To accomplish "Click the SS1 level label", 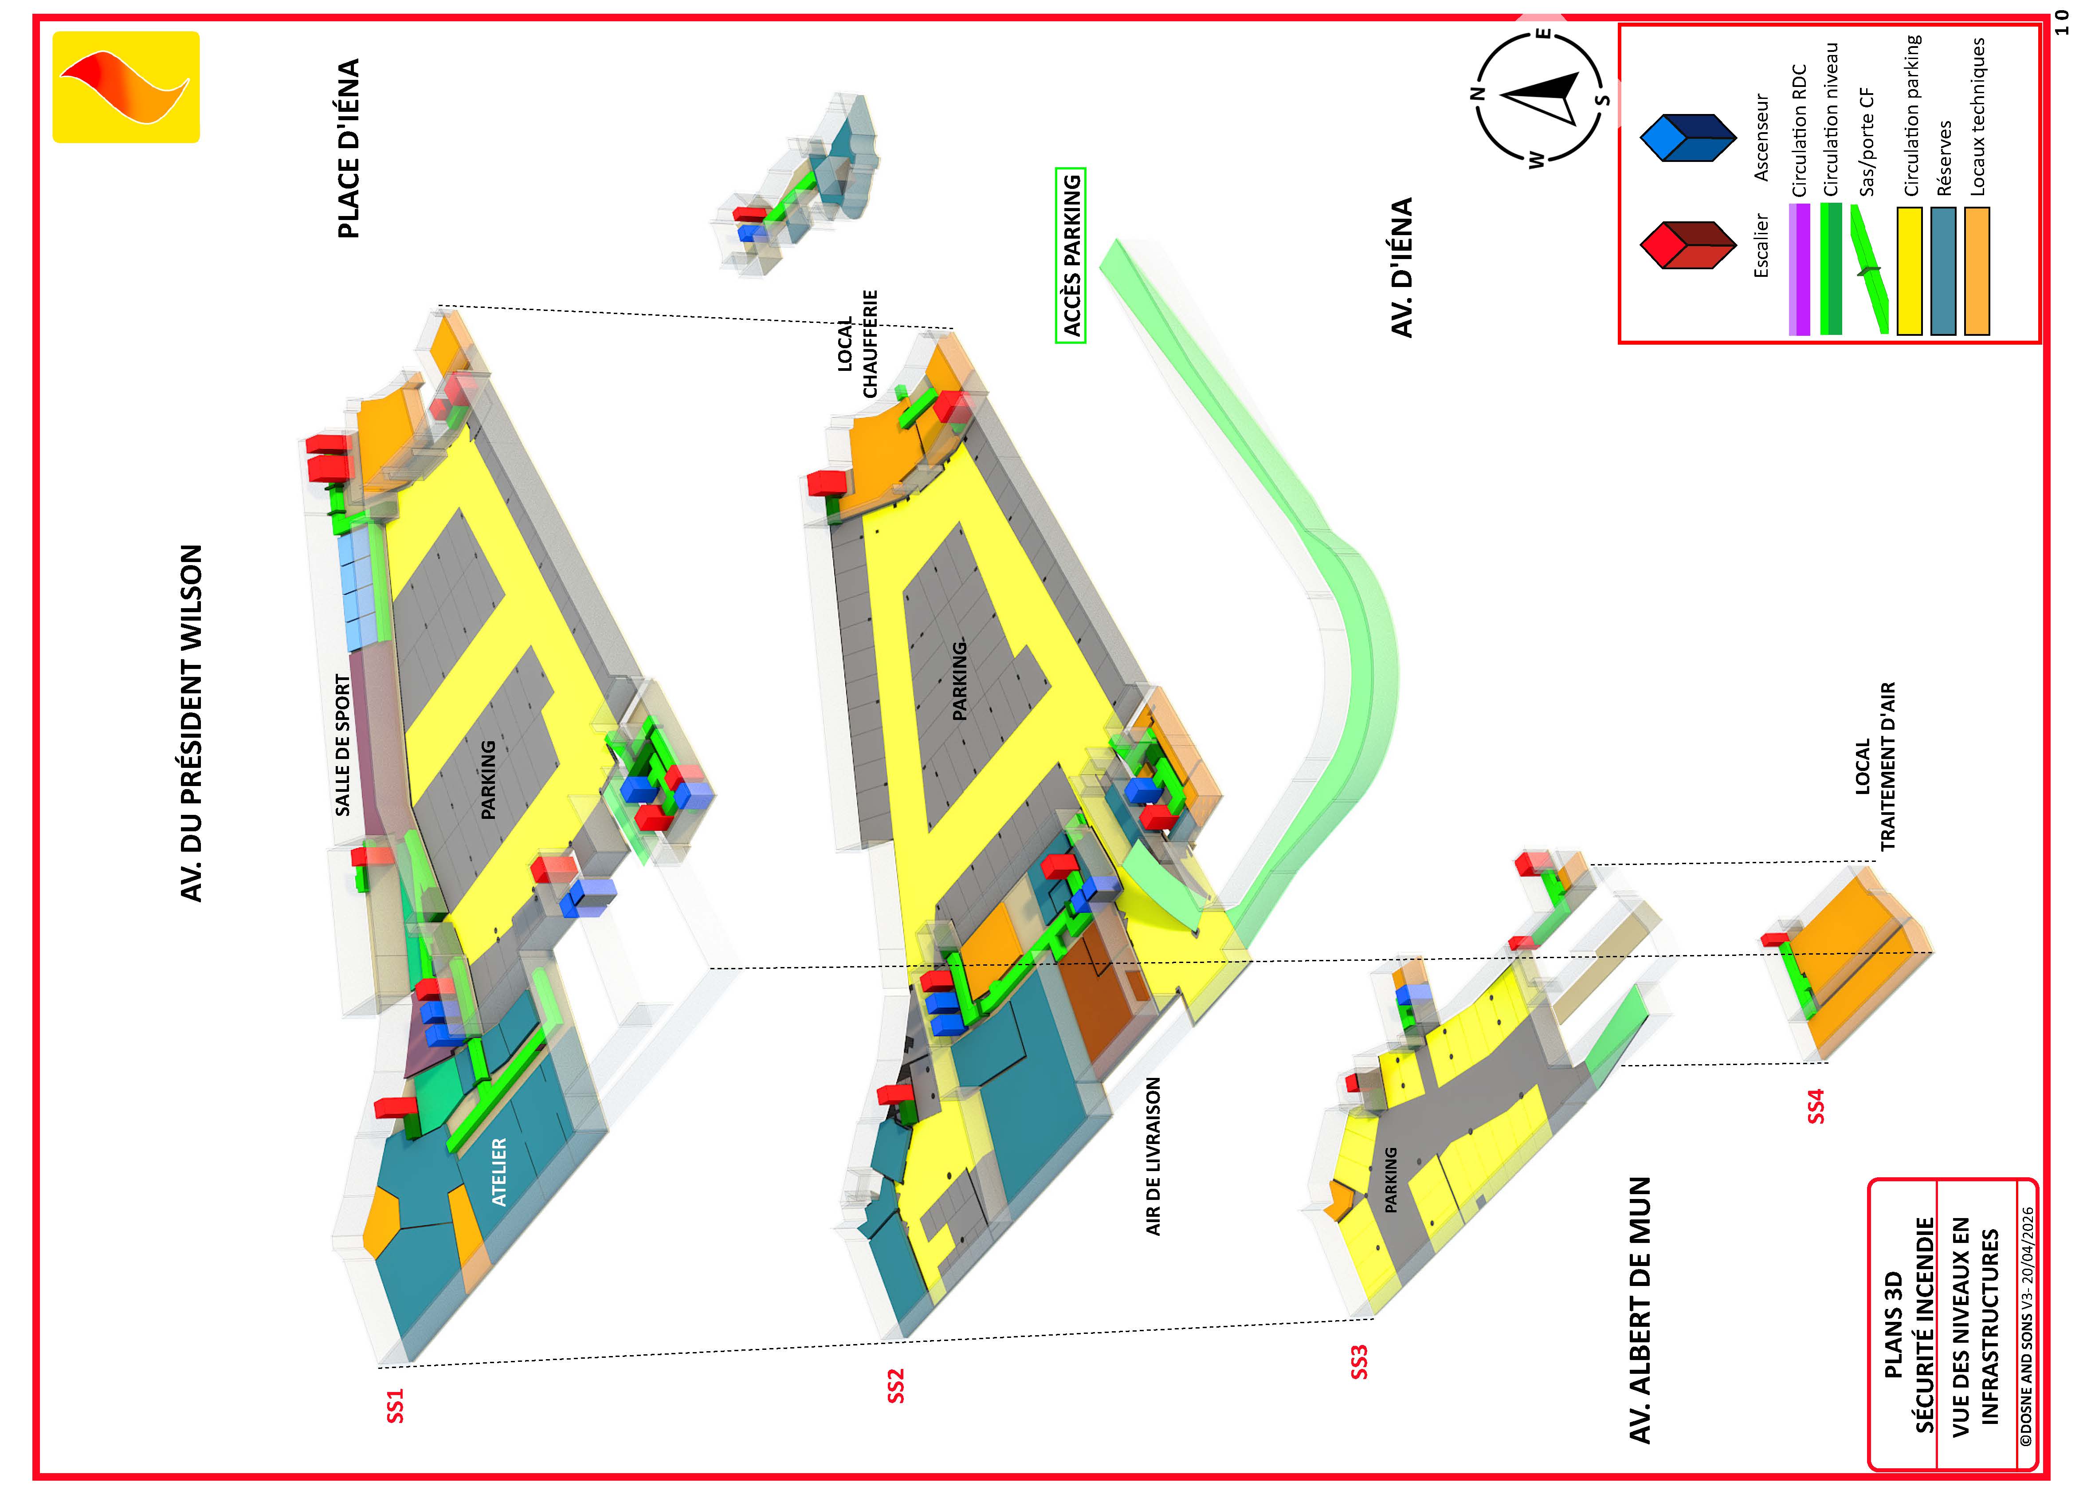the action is tap(395, 1406).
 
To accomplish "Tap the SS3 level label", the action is tap(1359, 1362).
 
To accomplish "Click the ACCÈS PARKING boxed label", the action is tap(1071, 256).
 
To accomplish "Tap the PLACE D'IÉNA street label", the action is tap(349, 149).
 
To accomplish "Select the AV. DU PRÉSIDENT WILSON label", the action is tap(191, 723).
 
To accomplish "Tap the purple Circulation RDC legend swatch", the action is tap(1799, 269).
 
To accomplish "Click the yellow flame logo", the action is tap(126, 87).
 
